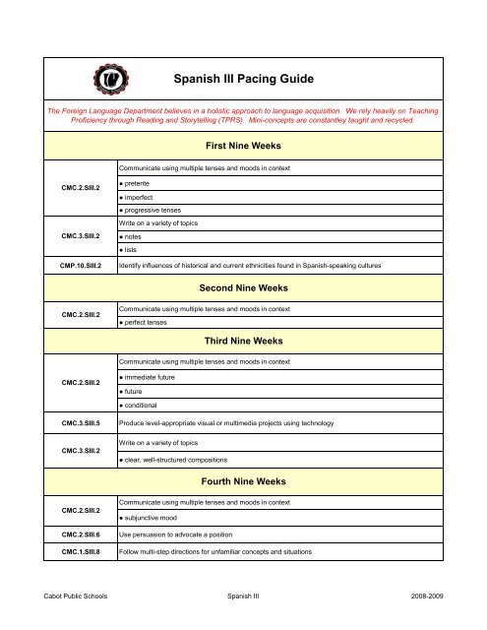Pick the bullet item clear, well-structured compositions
coord(183,460)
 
